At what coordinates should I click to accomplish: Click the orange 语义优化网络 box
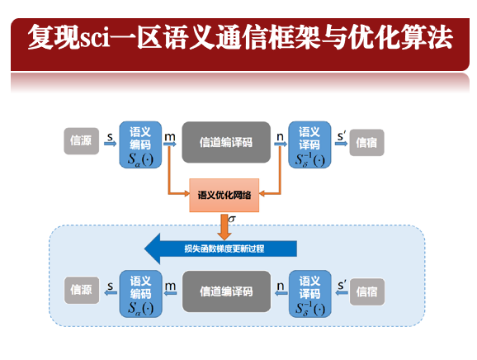click(224, 195)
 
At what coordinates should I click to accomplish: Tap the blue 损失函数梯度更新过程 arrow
click(220, 249)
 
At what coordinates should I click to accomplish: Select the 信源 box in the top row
click(81, 141)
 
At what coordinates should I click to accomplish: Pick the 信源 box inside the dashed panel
click(82, 290)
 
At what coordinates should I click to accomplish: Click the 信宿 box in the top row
click(367, 142)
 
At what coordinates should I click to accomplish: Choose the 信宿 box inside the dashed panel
click(367, 291)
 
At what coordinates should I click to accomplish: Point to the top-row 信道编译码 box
click(226, 142)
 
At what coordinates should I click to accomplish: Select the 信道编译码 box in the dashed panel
click(226, 291)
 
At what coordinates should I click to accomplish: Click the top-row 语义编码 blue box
click(140, 144)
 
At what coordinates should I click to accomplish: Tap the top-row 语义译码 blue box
click(309, 144)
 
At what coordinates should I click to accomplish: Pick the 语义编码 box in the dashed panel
click(140, 294)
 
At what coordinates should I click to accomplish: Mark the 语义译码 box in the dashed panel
click(310, 294)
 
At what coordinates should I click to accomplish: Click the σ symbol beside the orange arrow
click(232, 219)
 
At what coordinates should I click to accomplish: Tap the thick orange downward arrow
click(224, 227)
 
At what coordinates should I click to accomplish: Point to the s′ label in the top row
click(342, 136)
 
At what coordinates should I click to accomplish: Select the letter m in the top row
click(170, 137)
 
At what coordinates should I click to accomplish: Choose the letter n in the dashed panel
click(281, 286)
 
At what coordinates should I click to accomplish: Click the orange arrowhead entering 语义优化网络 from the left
click(187, 193)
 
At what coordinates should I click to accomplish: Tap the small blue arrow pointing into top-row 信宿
click(341, 143)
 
